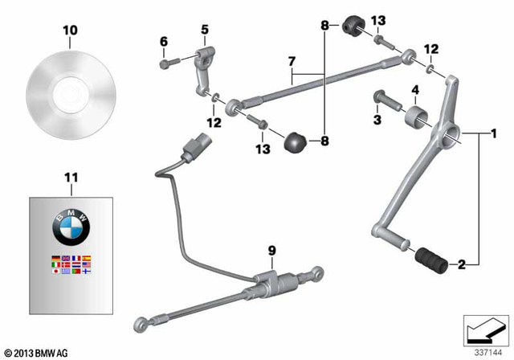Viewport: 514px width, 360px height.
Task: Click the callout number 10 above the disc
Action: coord(71,30)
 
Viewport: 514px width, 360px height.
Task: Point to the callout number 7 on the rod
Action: coord(292,60)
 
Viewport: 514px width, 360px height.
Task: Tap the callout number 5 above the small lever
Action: coord(204,30)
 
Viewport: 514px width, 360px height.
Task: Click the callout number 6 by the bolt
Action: coord(164,41)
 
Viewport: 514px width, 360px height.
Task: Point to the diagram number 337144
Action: coord(485,352)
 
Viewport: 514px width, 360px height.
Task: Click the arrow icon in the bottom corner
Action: coord(486,329)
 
